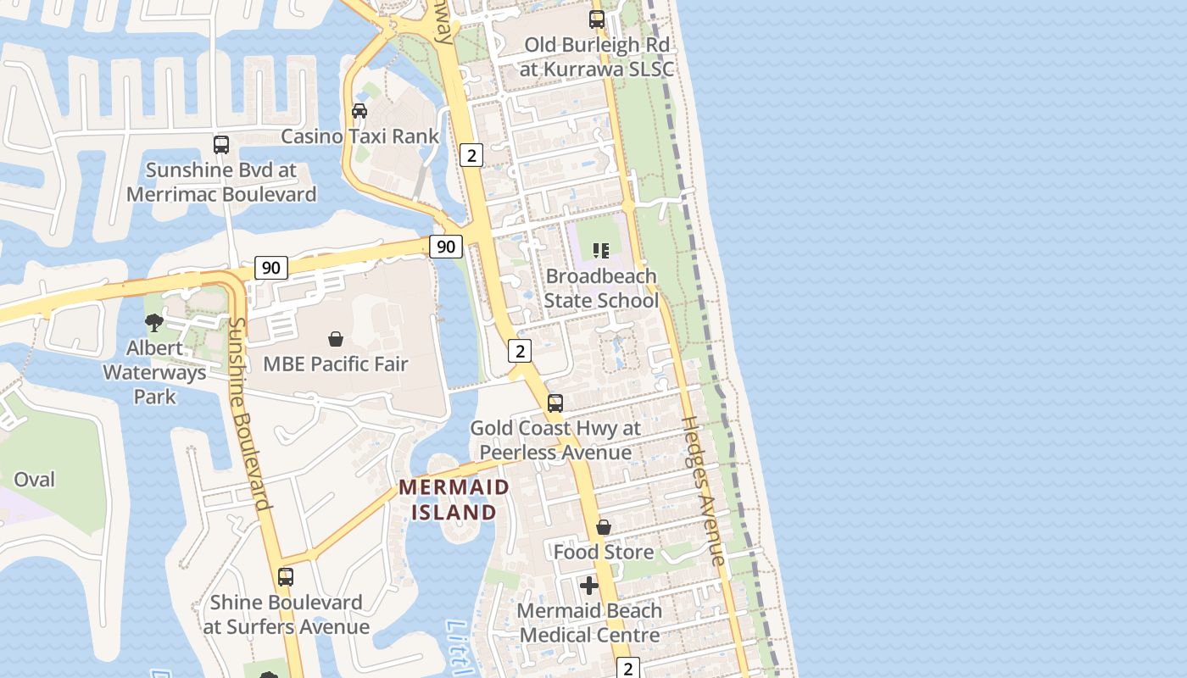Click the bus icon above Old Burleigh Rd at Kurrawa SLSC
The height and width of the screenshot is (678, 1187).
pyautogui.click(x=597, y=19)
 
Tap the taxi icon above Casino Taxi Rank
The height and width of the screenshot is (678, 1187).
pyautogui.click(x=359, y=111)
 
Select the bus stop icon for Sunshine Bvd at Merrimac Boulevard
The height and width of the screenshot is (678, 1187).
pyautogui.click(x=221, y=145)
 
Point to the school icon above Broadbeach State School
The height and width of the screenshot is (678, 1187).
pyautogui.click(x=601, y=251)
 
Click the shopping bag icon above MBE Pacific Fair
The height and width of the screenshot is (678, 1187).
pyautogui.click(x=336, y=339)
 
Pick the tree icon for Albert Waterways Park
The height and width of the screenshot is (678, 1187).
pyautogui.click(x=154, y=322)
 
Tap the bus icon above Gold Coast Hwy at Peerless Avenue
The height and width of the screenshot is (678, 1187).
pyautogui.click(x=555, y=403)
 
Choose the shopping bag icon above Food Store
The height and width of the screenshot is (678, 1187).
pyautogui.click(x=604, y=527)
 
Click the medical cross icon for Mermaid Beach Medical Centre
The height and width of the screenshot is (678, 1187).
pyautogui.click(x=589, y=586)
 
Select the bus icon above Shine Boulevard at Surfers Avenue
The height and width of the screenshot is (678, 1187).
pyautogui.click(x=286, y=577)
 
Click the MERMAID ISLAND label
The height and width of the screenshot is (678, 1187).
pyautogui.click(x=454, y=500)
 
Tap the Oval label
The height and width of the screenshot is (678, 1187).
pyautogui.click(x=35, y=480)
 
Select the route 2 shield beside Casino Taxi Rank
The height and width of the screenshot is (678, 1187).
pyautogui.click(x=471, y=154)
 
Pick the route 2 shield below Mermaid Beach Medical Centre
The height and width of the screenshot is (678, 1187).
pyautogui.click(x=627, y=668)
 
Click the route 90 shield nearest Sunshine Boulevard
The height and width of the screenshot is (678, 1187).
pyautogui.click(x=270, y=268)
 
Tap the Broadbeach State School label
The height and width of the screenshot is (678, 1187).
pyautogui.click(x=601, y=288)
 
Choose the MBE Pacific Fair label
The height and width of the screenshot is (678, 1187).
pyautogui.click(x=336, y=364)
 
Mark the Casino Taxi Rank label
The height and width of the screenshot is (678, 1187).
pyautogui.click(x=360, y=136)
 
